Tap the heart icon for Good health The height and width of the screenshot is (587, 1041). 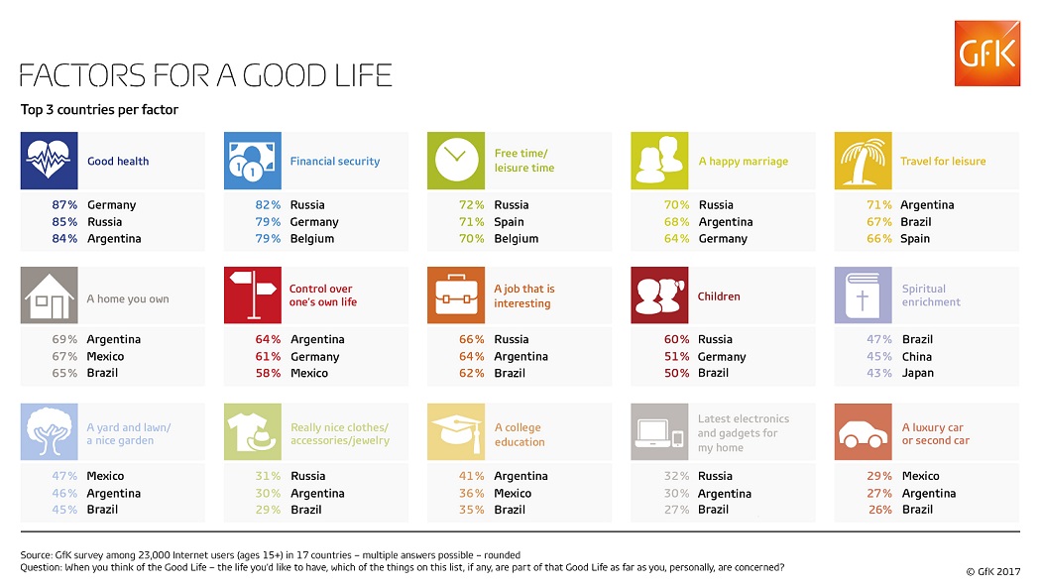pos(49,161)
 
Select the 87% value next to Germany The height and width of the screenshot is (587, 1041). pos(66,205)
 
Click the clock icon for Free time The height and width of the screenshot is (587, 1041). pos(455,161)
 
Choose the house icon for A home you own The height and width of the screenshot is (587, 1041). pos(49,295)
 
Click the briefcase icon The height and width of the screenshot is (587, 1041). pos(455,295)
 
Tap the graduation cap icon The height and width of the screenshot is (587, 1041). pos(455,431)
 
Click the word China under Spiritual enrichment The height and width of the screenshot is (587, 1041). pos(917,357)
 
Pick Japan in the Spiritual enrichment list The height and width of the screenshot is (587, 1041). pos(918,374)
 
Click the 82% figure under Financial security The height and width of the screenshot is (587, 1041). pos(269,205)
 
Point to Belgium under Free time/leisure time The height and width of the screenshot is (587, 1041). pos(516,239)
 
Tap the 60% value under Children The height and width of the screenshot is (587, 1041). pos(676,340)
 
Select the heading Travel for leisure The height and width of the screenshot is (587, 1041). pos(943,162)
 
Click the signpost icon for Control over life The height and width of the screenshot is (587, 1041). pos(252,295)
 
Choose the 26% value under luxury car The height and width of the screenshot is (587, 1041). pos(879,510)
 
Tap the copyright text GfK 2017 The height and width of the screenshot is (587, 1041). pos(992,572)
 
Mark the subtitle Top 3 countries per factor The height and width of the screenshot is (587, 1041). pos(99,110)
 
